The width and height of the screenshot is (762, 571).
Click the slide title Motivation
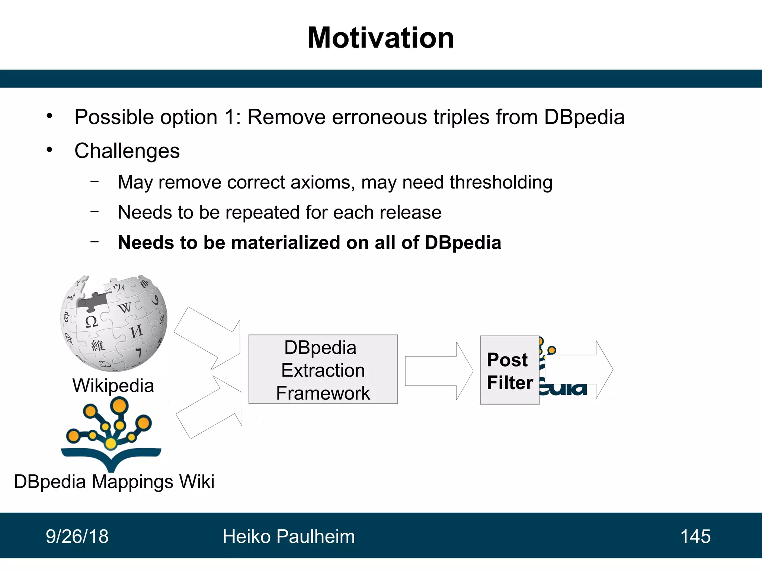[x=381, y=38]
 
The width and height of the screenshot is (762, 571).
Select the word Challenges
[x=127, y=151]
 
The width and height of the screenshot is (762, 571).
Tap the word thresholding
[x=501, y=183]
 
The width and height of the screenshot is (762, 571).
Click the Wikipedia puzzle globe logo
[x=113, y=323]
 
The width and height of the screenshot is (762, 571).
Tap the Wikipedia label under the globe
[x=113, y=385]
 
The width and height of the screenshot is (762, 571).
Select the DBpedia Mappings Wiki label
[x=114, y=482]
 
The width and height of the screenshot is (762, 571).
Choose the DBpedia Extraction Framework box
[x=323, y=369]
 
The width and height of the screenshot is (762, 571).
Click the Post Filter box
[x=509, y=370]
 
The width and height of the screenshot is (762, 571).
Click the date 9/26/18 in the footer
[x=77, y=536]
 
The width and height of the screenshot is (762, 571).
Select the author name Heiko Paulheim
[x=288, y=536]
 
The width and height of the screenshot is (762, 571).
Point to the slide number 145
[x=695, y=536]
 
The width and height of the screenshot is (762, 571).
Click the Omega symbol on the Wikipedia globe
[x=91, y=322]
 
